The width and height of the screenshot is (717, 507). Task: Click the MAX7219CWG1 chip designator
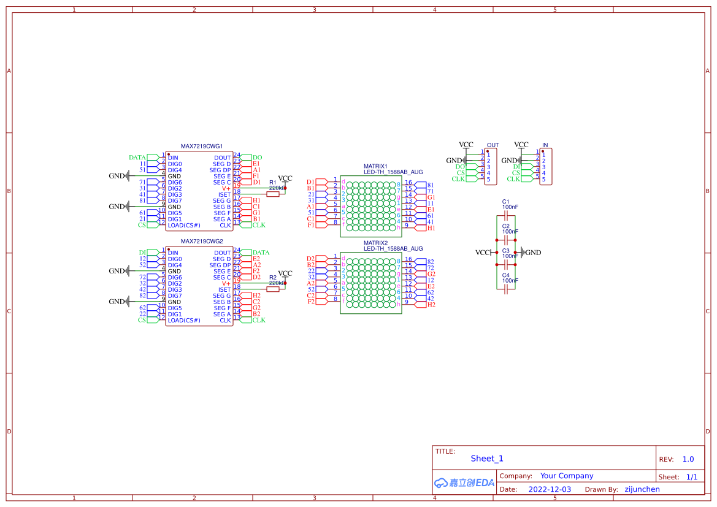[x=202, y=147]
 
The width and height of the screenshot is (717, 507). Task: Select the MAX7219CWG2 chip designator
[x=202, y=242]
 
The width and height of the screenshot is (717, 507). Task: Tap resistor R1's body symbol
[x=273, y=194]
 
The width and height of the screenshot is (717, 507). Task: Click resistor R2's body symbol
[x=273, y=289]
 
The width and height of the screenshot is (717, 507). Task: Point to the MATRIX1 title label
[x=375, y=166]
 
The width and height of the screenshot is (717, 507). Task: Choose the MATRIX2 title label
[x=375, y=243]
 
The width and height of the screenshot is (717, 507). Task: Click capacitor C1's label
[x=506, y=202]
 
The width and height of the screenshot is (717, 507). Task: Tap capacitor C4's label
[x=506, y=275]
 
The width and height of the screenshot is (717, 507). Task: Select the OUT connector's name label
[x=493, y=145]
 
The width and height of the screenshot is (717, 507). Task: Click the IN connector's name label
[x=545, y=145]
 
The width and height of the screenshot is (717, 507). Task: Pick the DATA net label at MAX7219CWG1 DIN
[x=137, y=158]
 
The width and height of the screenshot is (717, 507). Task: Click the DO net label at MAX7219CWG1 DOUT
[x=257, y=158]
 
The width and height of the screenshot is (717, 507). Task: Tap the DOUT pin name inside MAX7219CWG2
[x=223, y=253]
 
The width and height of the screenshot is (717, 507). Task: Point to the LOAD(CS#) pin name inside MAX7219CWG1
[x=184, y=225]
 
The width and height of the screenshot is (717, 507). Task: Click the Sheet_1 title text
[x=487, y=459]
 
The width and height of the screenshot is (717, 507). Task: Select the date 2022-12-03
[x=550, y=489]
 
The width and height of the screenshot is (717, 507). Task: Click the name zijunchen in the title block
[x=642, y=489]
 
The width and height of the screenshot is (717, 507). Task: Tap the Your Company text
[x=567, y=476]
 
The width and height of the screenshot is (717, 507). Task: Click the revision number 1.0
[x=688, y=459]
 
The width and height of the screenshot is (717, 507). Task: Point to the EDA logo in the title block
[x=464, y=482]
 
